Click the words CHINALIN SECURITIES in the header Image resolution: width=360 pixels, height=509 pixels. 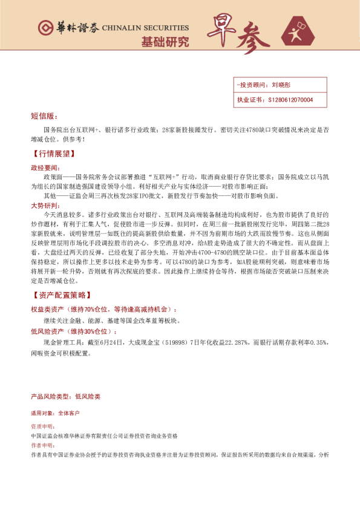pyautogui.click(x=145, y=28)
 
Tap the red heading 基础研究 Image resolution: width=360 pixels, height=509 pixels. pyautogui.click(x=165, y=42)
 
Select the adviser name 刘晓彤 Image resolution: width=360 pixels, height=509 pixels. pyautogui.click(x=281, y=85)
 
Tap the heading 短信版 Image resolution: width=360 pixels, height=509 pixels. pyautogui.click(x=43, y=116)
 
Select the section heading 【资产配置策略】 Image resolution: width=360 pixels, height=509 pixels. pyautogui.click(x=61, y=295)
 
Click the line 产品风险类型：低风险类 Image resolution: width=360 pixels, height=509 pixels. pyautogui.click(x=65, y=397)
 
